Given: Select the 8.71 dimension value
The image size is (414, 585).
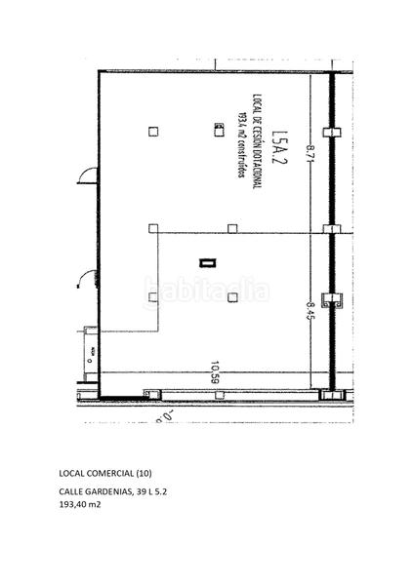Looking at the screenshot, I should (310, 154).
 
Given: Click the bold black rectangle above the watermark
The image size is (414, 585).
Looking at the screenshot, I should (205, 261).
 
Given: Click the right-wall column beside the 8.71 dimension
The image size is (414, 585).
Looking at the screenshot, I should (333, 132).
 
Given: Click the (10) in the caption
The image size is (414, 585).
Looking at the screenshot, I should (145, 473).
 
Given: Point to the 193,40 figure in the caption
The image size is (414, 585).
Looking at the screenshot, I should (74, 505).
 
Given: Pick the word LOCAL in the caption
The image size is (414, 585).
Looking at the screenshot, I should (72, 473).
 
